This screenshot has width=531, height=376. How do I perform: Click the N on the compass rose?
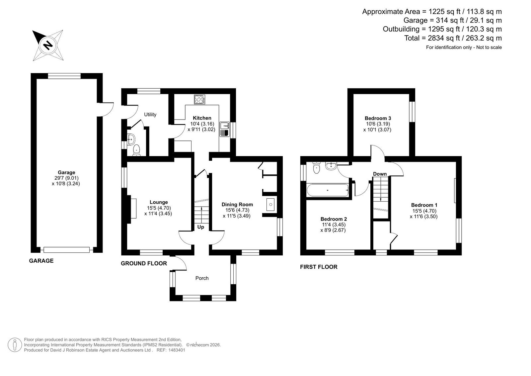pyautogui.click(x=48, y=45)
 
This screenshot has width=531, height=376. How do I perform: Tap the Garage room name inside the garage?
pyautogui.click(x=66, y=172)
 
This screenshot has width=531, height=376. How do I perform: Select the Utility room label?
pyautogui.click(x=150, y=115)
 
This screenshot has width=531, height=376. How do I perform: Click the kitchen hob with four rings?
pyautogui.click(x=199, y=99)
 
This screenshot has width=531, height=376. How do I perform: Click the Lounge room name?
pyautogui.click(x=159, y=202)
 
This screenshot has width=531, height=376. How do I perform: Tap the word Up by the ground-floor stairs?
pyautogui.click(x=200, y=227)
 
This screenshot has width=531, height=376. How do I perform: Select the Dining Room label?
pyautogui.click(x=237, y=205)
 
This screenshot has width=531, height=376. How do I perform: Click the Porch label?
pyautogui.click(x=202, y=278)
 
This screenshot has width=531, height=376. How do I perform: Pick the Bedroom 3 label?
pyautogui.click(x=378, y=118)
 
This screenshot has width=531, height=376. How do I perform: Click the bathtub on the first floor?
pyautogui.click(x=328, y=190)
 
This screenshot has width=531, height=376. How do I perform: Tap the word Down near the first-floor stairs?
pyautogui.click(x=380, y=174)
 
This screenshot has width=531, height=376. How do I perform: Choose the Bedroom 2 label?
pyautogui.click(x=334, y=219)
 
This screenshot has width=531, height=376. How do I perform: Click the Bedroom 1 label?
pyautogui.click(x=424, y=205)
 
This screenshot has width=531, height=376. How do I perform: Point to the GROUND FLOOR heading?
pyautogui.click(x=144, y=263)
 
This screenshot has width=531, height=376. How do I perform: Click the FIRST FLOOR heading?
pyautogui.click(x=319, y=267)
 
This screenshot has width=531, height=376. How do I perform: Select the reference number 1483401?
pyautogui.click(x=177, y=350)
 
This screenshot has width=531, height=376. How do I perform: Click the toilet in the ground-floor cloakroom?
pyautogui.click(x=136, y=150)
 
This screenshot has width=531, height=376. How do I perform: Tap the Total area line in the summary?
pyautogui.click(x=453, y=38)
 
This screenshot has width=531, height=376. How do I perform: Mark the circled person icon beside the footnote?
pyautogui.click(x=15, y=345)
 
